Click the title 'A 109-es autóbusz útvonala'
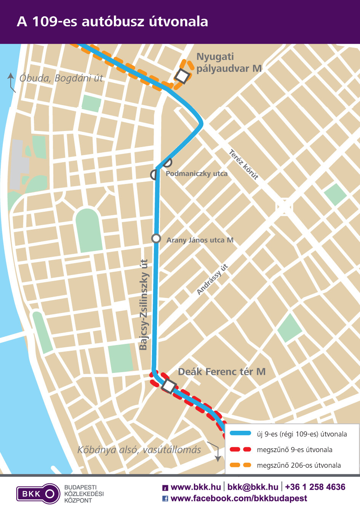click(x=112, y=21)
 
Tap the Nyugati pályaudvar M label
click(x=229, y=63)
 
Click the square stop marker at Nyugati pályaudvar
click(x=182, y=76)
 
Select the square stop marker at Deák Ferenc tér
click(x=169, y=386)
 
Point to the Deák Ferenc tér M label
click(x=222, y=372)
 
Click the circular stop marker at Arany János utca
click(x=156, y=238)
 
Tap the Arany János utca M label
click(x=200, y=240)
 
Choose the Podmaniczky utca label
click(x=197, y=174)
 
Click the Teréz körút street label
click(x=244, y=165)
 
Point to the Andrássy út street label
click(x=212, y=279)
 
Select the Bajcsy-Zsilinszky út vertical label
click(x=144, y=305)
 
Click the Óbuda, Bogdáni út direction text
click(x=61, y=78)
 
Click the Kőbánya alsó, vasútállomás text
click(x=139, y=450)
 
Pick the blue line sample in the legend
click(x=240, y=433)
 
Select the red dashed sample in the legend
click(x=240, y=449)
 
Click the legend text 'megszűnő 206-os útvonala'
click(x=299, y=465)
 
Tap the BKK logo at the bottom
click(x=38, y=494)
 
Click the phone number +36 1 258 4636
click(x=315, y=487)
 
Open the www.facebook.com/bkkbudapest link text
click(x=238, y=498)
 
